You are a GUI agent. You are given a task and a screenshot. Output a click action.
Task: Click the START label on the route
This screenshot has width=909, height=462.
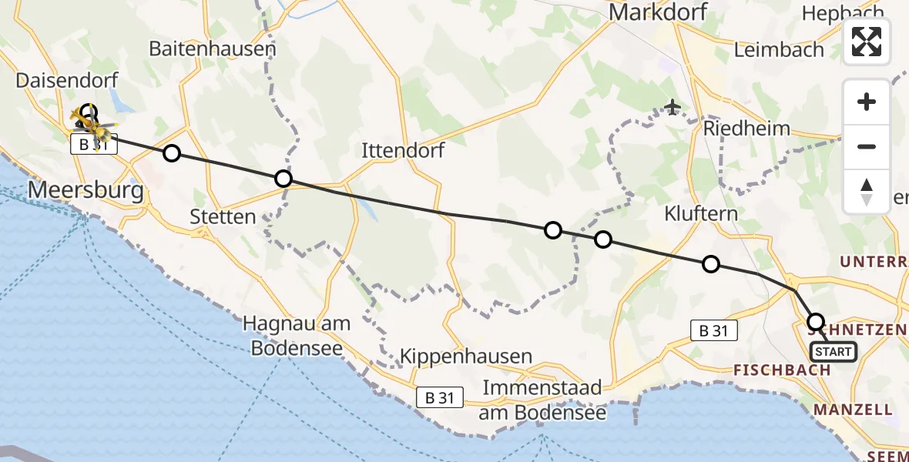[x=833, y=352]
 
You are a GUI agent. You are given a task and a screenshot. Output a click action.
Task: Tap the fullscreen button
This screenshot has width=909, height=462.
[x=867, y=42]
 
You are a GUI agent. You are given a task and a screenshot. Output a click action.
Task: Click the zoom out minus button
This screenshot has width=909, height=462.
[x=867, y=146]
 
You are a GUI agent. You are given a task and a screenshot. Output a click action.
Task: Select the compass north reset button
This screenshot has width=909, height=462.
[x=867, y=192]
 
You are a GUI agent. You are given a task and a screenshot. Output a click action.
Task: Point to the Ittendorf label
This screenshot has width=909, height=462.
[x=403, y=150]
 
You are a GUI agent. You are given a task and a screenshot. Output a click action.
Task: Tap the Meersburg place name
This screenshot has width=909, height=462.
[x=86, y=189]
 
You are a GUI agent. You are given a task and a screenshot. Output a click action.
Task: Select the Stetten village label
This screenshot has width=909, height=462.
[x=223, y=216]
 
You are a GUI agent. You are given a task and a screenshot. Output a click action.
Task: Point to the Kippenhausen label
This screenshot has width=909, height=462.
[x=466, y=357]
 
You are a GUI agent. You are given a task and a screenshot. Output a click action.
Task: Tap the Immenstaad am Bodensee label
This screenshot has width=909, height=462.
[x=542, y=400]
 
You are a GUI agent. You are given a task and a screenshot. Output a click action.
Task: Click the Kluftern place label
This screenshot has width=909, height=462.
[x=701, y=213]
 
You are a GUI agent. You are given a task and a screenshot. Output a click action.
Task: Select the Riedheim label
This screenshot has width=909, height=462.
[x=746, y=128]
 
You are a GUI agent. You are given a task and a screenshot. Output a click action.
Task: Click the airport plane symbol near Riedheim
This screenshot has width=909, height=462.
[x=673, y=107]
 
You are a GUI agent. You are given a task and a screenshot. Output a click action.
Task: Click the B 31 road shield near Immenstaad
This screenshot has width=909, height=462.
[x=440, y=397]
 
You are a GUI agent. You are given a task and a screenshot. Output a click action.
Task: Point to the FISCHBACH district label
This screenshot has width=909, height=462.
[x=781, y=370]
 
